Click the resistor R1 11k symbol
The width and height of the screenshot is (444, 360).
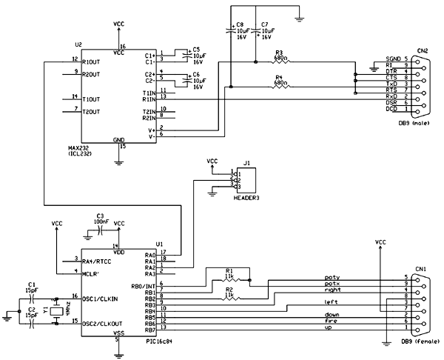tap(229, 280)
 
